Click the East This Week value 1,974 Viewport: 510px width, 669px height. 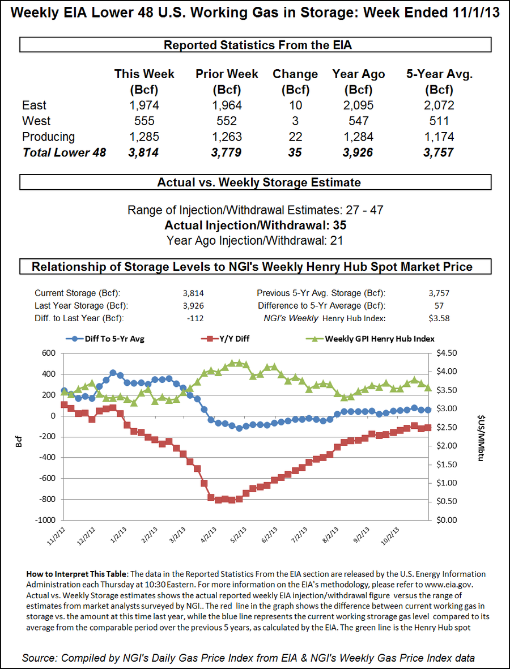pyautogui.click(x=144, y=105)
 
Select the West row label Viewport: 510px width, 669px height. pyautogui.click(x=36, y=121)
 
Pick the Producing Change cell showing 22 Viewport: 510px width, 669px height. pyautogui.click(x=295, y=137)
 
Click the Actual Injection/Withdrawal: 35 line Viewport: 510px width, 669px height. pyautogui.click(x=255, y=225)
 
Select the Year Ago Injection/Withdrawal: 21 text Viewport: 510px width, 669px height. pyautogui.click(x=255, y=240)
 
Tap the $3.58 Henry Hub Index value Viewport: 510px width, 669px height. pyautogui.click(x=439, y=318)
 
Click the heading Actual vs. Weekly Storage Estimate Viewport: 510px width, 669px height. pyautogui.click(x=255, y=182)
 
